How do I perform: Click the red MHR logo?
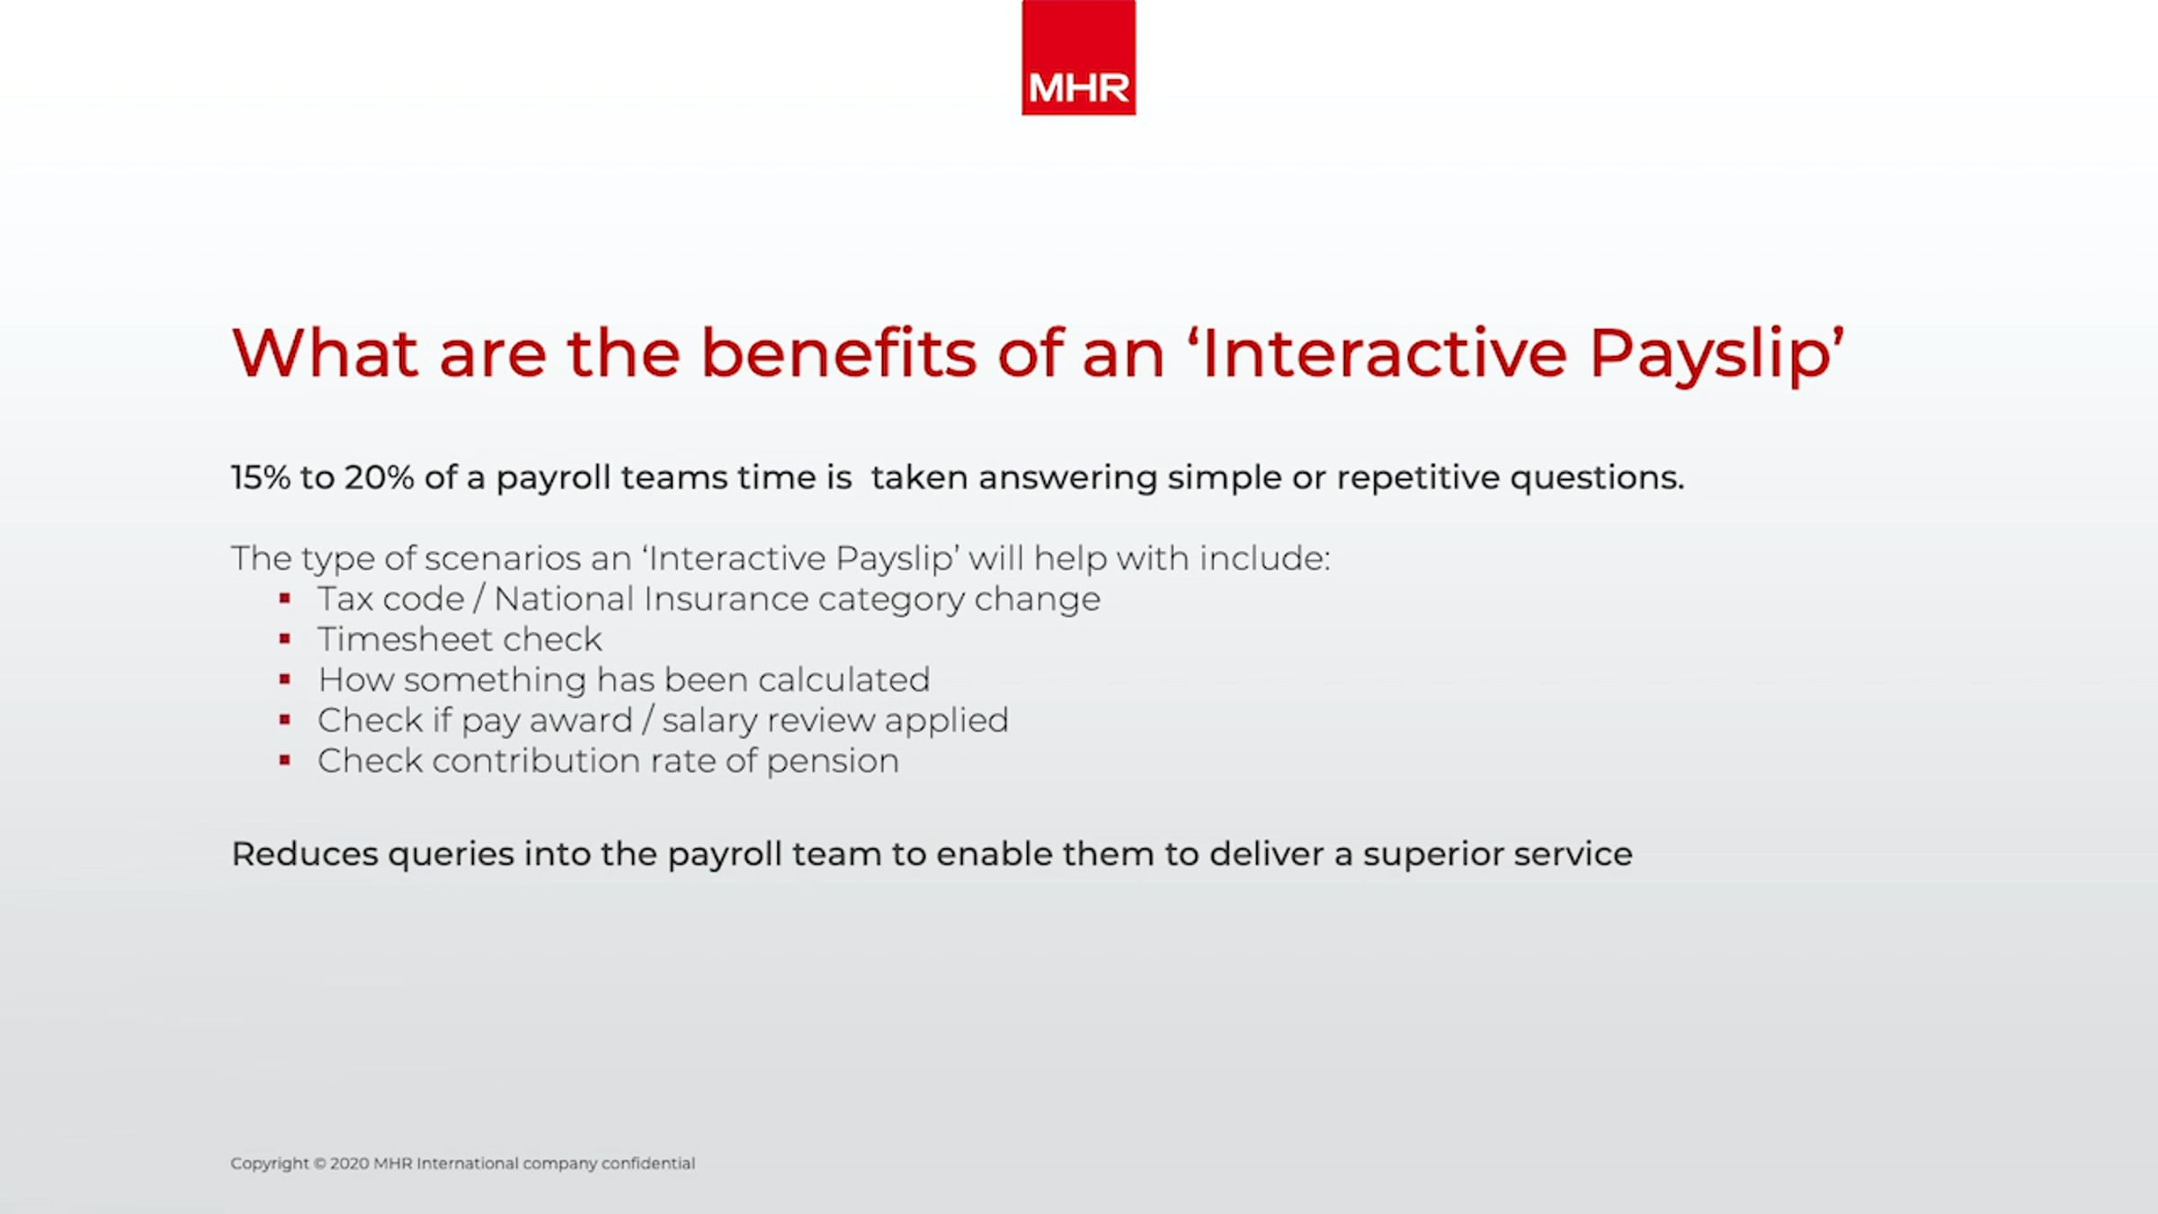tap(1078, 58)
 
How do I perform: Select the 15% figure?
tap(261, 478)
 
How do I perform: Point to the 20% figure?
tap(379, 478)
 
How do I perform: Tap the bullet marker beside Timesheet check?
tap(285, 639)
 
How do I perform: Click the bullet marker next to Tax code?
tap(285, 598)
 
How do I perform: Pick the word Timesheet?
tap(402, 639)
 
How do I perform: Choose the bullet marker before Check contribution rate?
tap(285, 761)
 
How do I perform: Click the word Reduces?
tap(305, 854)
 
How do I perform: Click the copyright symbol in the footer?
tap(319, 1164)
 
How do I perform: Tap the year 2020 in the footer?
tap(349, 1164)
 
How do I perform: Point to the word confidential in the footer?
tap(648, 1164)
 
